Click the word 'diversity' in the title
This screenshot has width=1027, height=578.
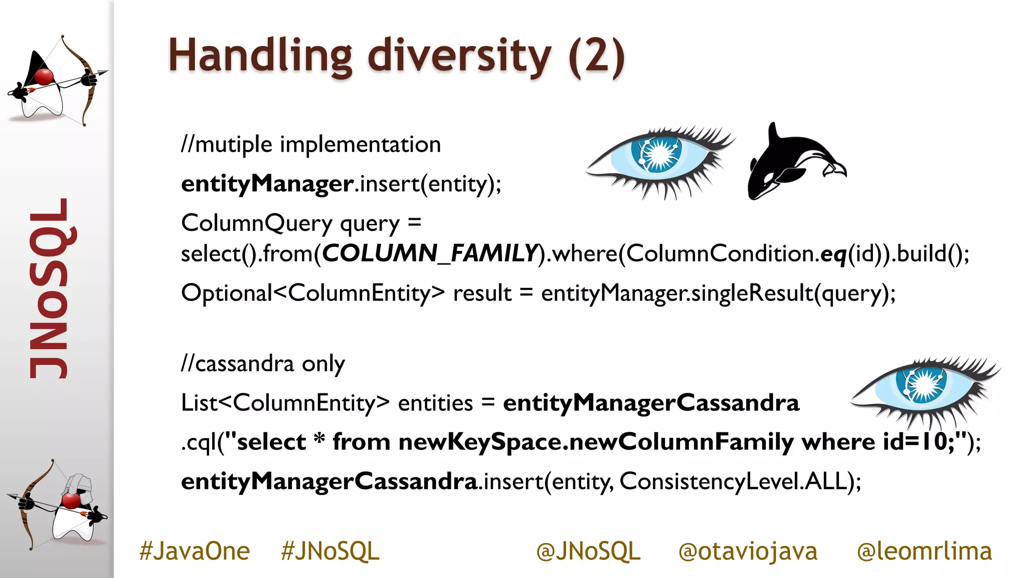(x=459, y=56)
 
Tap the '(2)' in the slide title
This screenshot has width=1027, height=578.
(x=597, y=57)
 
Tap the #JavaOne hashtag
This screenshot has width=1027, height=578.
(x=195, y=551)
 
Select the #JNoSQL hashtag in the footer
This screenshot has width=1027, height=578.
(x=330, y=551)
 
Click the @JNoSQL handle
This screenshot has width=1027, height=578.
(x=588, y=551)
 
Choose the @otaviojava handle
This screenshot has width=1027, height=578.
(x=748, y=551)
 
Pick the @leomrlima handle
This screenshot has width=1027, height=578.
(x=924, y=551)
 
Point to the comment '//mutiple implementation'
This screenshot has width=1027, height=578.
(x=311, y=145)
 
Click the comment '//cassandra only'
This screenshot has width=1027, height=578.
(x=263, y=364)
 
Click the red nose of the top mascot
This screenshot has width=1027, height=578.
(x=44, y=77)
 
